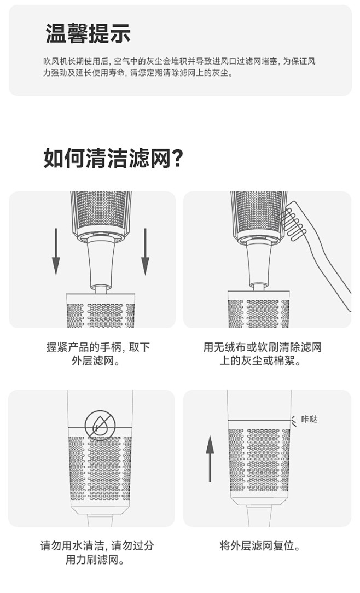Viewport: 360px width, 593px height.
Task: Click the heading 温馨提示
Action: (x=88, y=33)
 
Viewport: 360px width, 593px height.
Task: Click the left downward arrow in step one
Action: (x=56, y=252)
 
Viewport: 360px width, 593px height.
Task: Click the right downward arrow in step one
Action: (x=145, y=252)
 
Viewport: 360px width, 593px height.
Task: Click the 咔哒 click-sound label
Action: (x=309, y=420)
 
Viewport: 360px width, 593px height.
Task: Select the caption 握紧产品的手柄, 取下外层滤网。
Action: (x=98, y=354)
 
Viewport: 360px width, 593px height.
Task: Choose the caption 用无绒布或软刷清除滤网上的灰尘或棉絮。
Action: (x=262, y=354)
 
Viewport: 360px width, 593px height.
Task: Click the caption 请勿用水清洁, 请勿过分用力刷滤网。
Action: (x=98, y=553)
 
